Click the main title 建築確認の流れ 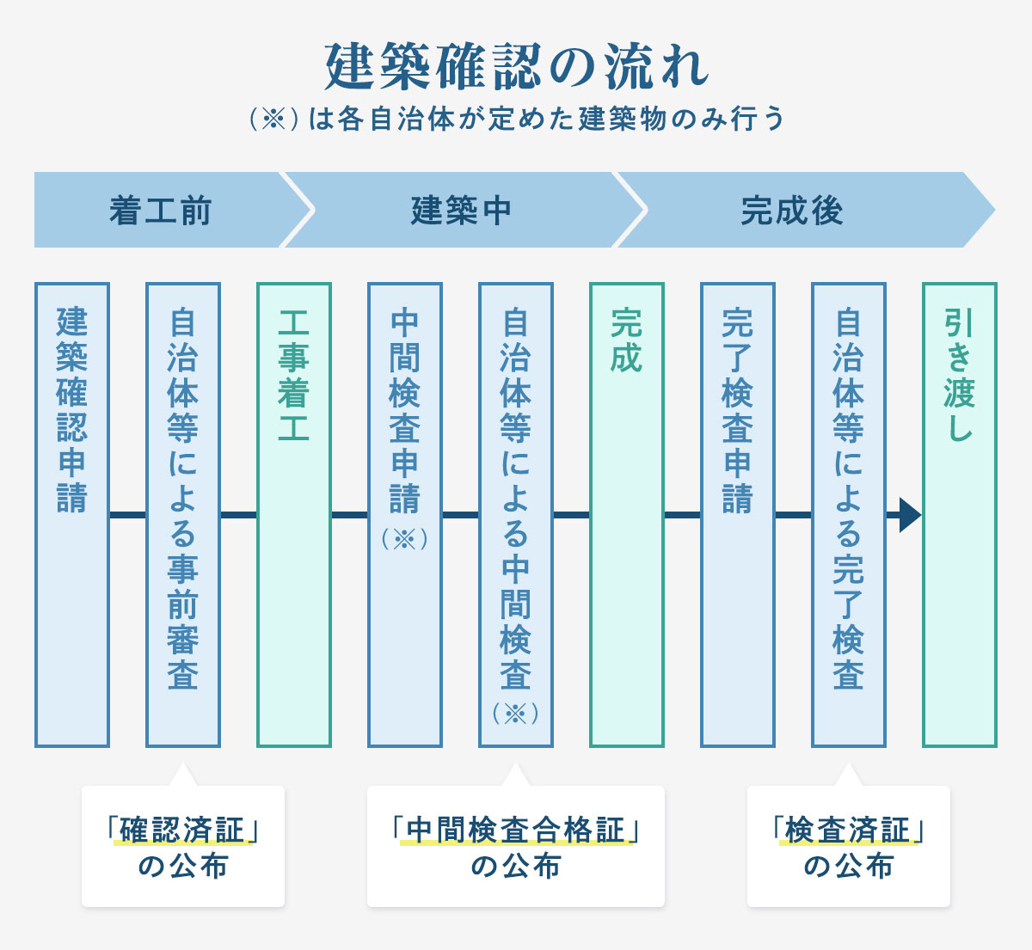tap(516, 66)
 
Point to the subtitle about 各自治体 tap(516, 119)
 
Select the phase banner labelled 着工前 tap(161, 210)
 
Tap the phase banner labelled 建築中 tap(461, 210)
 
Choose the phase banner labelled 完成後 tap(792, 210)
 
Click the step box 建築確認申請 tap(72, 514)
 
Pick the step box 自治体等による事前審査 tap(183, 514)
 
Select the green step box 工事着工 tap(294, 514)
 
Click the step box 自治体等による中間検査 tap(516, 514)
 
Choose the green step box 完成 tap(627, 514)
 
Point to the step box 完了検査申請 tap(738, 514)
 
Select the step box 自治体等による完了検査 tap(849, 514)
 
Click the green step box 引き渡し tap(960, 514)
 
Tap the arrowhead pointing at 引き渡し tap(910, 515)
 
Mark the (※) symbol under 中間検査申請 tap(405, 539)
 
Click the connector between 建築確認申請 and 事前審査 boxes tap(127, 515)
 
